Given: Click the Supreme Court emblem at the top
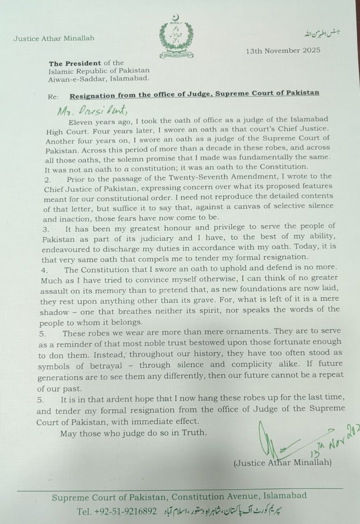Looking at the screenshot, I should click(x=177, y=36).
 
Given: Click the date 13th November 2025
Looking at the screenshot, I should click(x=283, y=51).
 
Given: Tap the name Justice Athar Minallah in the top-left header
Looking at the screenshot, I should click(x=54, y=38).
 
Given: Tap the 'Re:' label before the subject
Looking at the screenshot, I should click(x=53, y=97).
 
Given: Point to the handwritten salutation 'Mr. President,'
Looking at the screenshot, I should click(x=89, y=110).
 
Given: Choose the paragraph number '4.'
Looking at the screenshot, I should click(x=45, y=270).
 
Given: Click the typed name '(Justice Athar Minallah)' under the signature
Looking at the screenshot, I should click(x=282, y=463).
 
